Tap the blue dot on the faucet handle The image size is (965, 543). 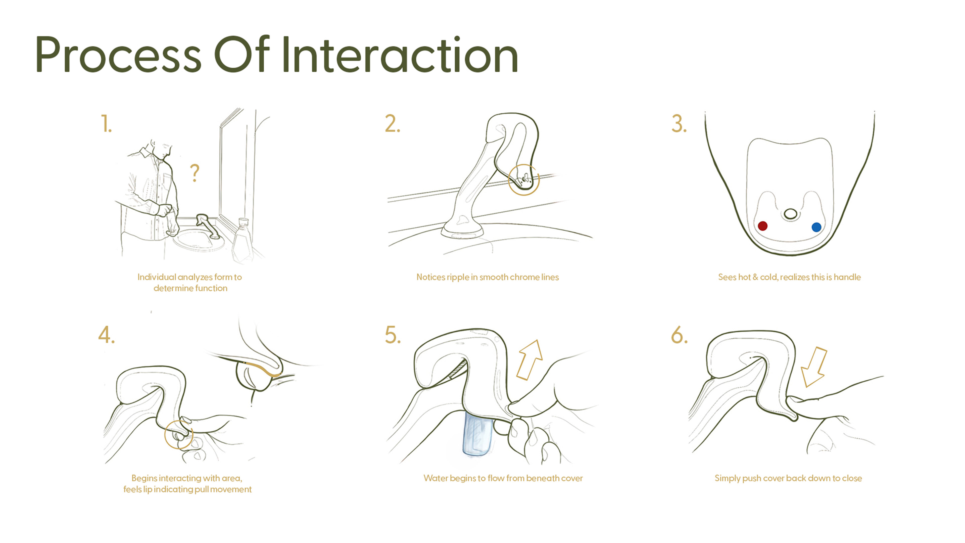[x=816, y=227]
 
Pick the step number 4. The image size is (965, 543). [x=106, y=335]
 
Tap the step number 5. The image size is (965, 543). [x=393, y=335]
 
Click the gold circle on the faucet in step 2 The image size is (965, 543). [x=524, y=180]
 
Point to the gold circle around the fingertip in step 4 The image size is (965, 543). [x=179, y=435]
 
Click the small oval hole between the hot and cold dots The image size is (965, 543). [x=790, y=214]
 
